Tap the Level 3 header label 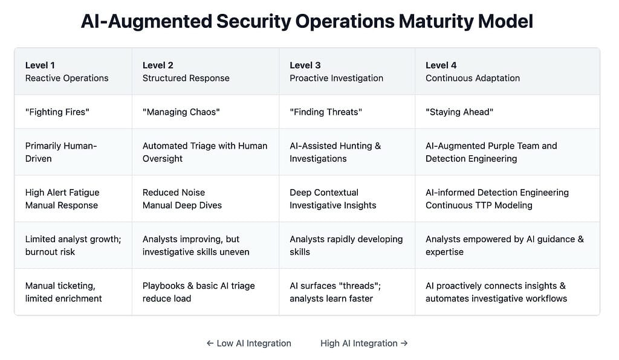pyautogui.click(x=305, y=65)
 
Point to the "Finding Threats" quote pyautogui.click(x=326, y=112)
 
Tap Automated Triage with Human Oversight pyautogui.click(x=205, y=152)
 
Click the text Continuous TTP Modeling pyautogui.click(x=479, y=205)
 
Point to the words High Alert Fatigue pyautogui.click(x=62, y=193)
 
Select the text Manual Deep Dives pyautogui.click(x=182, y=205)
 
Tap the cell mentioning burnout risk pyautogui.click(x=73, y=245)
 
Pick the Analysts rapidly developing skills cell pyautogui.click(x=346, y=245)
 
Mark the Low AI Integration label pyautogui.click(x=248, y=344)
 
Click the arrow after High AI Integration pyautogui.click(x=404, y=344)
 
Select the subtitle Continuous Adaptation pyautogui.click(x=473, y=78)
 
